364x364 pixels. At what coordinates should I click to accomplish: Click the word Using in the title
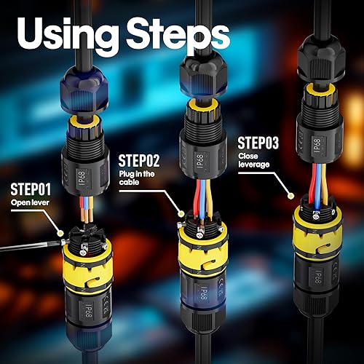coord(68,34)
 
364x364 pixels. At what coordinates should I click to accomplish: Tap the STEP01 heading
coord(31,189)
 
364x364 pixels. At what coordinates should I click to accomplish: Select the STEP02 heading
coord(139,161)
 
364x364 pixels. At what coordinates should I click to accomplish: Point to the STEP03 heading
coord(258,143)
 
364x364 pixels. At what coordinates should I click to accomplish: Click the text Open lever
coord(30,202)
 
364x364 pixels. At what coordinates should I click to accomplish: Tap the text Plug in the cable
coord(137,178)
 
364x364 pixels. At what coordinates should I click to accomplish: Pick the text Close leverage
coord(254,160)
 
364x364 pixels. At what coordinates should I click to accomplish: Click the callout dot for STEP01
coord(60,234)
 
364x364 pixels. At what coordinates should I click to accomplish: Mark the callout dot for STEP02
coord(181,214)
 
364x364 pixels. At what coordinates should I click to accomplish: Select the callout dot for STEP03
coord(290,196)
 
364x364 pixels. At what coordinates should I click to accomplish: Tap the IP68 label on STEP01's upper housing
coord(82,178)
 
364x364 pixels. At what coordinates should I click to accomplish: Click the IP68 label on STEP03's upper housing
coord(317,145)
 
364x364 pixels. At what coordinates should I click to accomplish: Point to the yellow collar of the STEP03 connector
coord(318,239)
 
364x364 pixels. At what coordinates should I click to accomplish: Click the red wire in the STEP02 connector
coord(198,197)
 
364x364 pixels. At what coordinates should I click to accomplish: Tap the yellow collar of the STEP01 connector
coord(87,269)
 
